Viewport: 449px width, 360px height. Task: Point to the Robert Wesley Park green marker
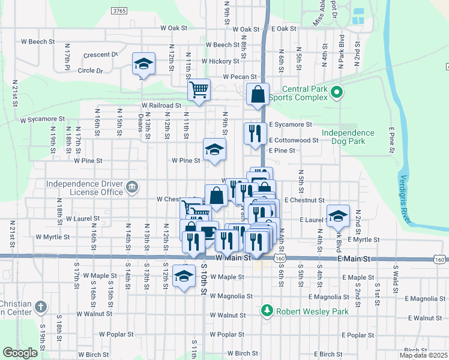tap(268, 310)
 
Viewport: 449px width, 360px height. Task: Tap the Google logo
tap(20, 353)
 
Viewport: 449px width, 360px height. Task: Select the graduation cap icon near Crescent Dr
tap(144, 63)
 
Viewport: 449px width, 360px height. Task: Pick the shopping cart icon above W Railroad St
tap(199, 90)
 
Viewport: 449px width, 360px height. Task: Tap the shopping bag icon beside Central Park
tap(258, 94)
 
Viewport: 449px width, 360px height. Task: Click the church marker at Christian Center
tap(41, 307)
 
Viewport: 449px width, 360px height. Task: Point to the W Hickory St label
tap(220, 61)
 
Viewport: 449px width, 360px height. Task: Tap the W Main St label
tap(232, 257)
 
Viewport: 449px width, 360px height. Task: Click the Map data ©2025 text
tap(423, 355)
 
